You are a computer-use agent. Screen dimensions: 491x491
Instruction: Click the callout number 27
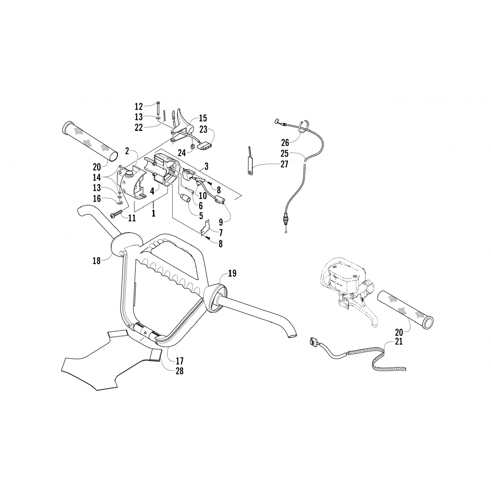click(x=284, y=164)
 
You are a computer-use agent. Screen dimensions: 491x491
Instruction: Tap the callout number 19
click(x=232, y=273)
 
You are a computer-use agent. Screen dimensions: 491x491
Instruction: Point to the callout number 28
click(x=179, y=371)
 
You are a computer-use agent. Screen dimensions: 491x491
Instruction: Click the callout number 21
click(x=399, y=341)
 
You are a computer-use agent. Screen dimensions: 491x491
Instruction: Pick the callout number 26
click(x=285, y=142)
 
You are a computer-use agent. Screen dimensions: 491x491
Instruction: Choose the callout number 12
click(x=139, y=106)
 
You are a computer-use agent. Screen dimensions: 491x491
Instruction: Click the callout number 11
click(x=132, y=218)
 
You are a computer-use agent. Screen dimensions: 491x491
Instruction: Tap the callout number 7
click(x=221, y=233)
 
